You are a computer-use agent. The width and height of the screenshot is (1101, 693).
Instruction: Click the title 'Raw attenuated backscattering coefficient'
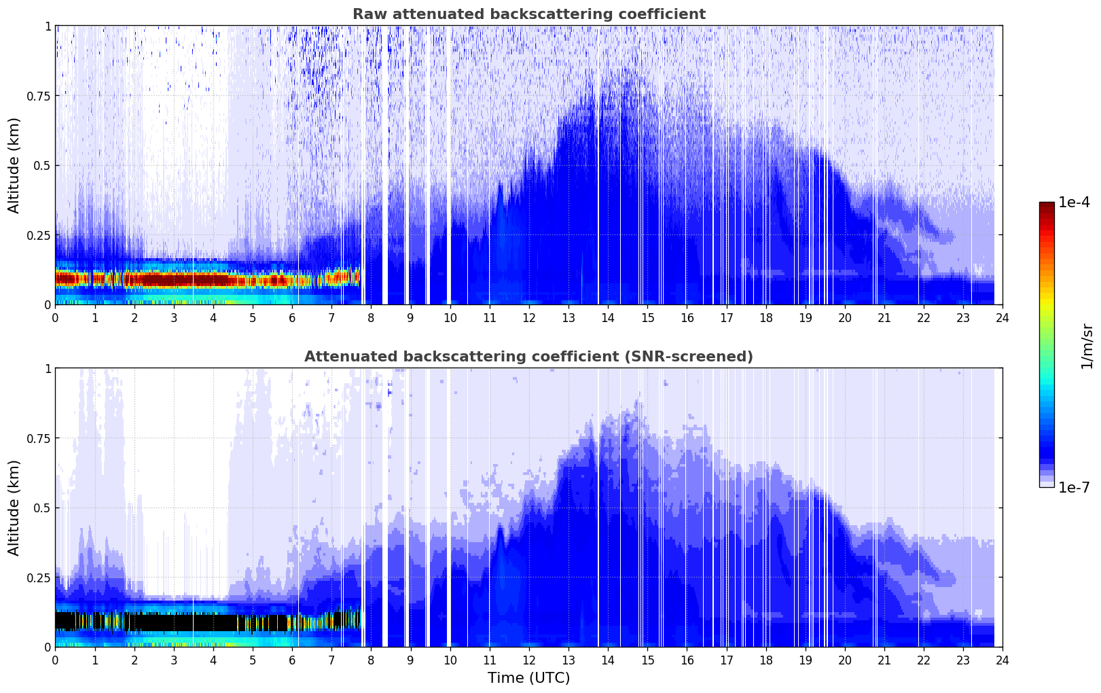click(528, 14)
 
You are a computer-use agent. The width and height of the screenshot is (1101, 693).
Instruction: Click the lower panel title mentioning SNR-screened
click(528, 357)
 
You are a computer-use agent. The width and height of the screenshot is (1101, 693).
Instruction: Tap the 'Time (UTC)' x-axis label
click(528, 678)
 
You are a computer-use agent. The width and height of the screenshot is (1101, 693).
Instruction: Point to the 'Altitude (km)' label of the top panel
click(14, 165)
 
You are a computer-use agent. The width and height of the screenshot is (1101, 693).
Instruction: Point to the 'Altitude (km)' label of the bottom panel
click(14, 508)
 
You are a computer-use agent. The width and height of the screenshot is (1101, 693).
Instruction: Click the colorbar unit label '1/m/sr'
click(1087, 346)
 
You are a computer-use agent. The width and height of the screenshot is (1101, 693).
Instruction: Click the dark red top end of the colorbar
click(1047, 205)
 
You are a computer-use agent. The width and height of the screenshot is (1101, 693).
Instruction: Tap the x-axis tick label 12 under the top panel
click(529, 317)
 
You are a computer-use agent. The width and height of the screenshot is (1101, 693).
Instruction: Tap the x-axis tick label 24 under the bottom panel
click(1003, 660)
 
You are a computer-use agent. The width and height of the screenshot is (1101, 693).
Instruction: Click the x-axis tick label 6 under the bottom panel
click(292, 660)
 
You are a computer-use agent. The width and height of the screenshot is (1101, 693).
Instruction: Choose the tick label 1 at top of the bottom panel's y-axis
click(48, 369)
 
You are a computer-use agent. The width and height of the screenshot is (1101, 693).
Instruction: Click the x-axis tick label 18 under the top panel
click(765, 317)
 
